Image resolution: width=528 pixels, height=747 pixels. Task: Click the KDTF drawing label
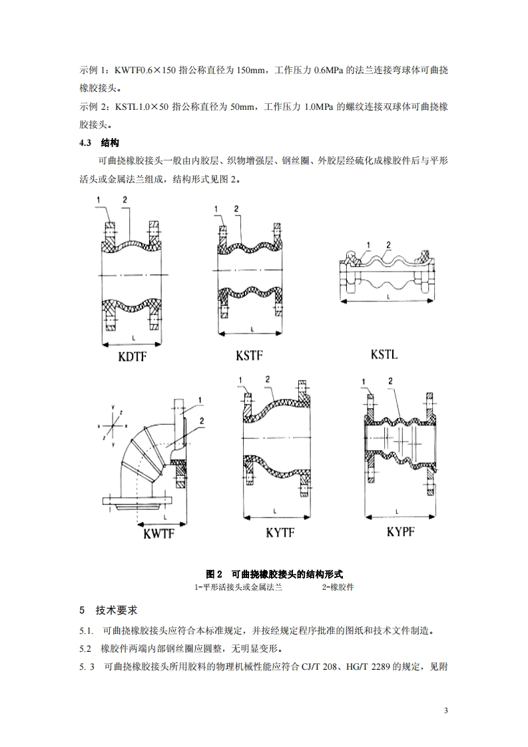132,358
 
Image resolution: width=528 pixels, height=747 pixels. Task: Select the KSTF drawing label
249,356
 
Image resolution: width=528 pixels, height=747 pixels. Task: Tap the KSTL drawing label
384,354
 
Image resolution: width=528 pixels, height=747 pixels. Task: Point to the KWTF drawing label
158,533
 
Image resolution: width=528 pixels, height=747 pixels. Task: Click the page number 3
446,712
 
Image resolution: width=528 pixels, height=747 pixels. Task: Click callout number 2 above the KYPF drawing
391,381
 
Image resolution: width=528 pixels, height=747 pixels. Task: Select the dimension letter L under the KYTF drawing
274,510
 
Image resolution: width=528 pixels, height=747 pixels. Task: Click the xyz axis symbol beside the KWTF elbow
114,422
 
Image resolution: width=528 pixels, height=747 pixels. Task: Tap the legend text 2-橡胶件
338,587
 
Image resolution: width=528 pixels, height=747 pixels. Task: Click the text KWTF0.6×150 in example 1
146,70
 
